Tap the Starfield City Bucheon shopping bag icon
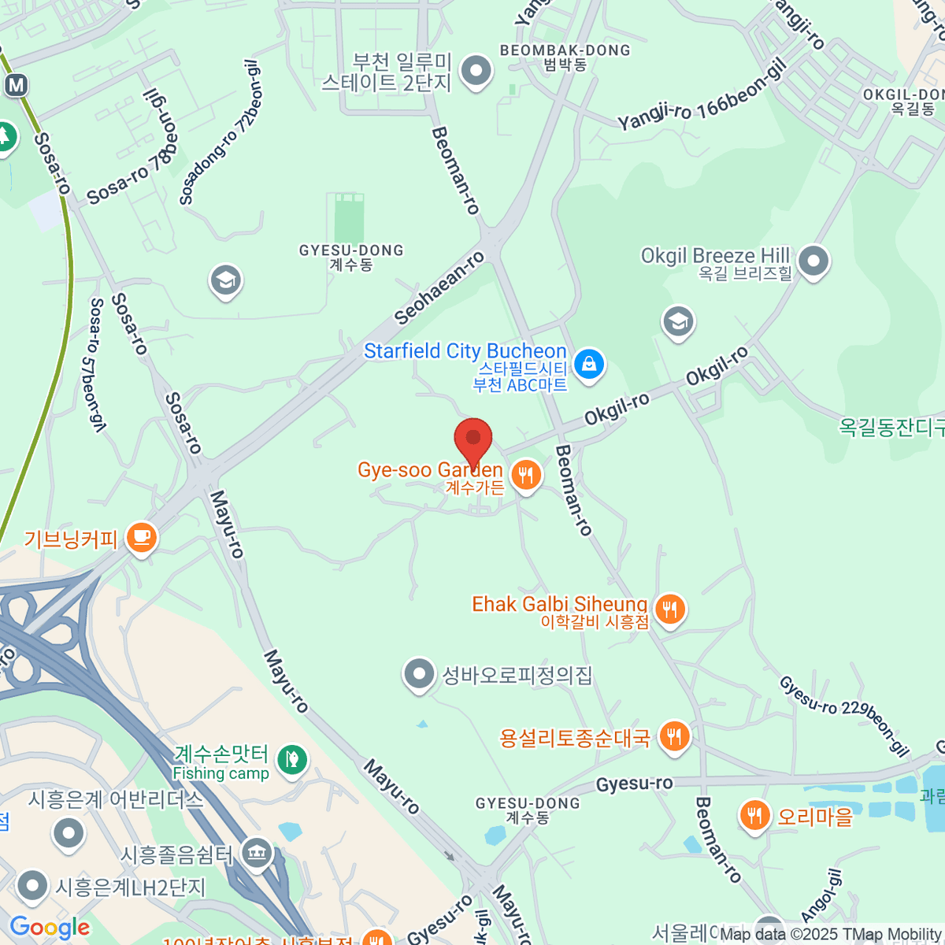(588, 364)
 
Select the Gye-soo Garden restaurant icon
(525, 475)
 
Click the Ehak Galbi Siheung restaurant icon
(669, 609)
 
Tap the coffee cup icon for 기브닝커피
(142, 538)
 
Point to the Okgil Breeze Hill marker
(813, 260)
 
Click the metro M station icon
(16, 85)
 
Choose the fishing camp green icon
(292, 759)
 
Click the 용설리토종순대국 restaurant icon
(673, 737)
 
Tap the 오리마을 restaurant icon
(755, 815)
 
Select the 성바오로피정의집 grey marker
(419, 674)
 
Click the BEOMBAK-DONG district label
(565, 50)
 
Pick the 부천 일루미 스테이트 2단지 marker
(476, 71)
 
